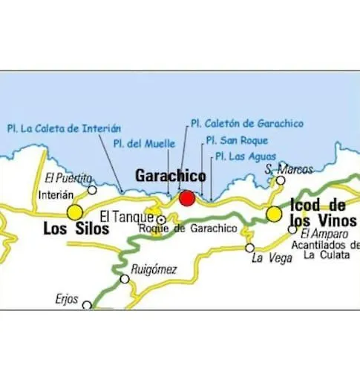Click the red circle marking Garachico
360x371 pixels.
[x=187, y=198]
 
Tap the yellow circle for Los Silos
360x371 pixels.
[x=75, y=213]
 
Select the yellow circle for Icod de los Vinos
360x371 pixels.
[x=275, y=214]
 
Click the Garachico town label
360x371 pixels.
[x=170, y=176]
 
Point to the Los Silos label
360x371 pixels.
[x=76, y=229]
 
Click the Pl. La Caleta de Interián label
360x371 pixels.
[x=64, y=128]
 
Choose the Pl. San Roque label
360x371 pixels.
[x=237, y=139]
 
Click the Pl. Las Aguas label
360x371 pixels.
[x=245, y=156]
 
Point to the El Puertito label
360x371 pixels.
[x=68, y=178]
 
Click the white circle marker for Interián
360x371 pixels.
[x=92, y=190]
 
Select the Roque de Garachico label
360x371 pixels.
[x=188, y=229]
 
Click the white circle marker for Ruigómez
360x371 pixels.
[x=125, y=279]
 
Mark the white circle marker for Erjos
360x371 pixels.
[x=87, y=305]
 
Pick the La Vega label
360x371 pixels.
[x=267, y=258]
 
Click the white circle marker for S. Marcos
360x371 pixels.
[x=281, y=180]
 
